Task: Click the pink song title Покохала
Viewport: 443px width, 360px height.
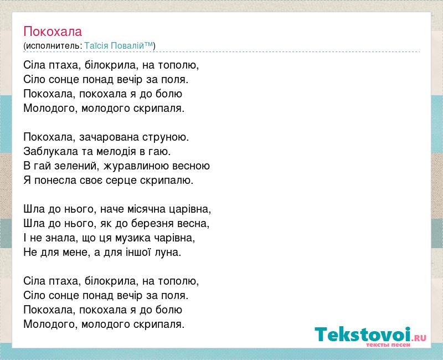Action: coord(53,32)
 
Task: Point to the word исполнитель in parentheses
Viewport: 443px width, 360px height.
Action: coord(53,46)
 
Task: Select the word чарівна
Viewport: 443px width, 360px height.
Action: coord(173,238)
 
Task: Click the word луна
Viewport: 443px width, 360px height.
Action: coord(167,253)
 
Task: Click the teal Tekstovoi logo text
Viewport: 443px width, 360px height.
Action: coord(363,335)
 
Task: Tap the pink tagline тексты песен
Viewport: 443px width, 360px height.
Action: coord(388,345)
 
